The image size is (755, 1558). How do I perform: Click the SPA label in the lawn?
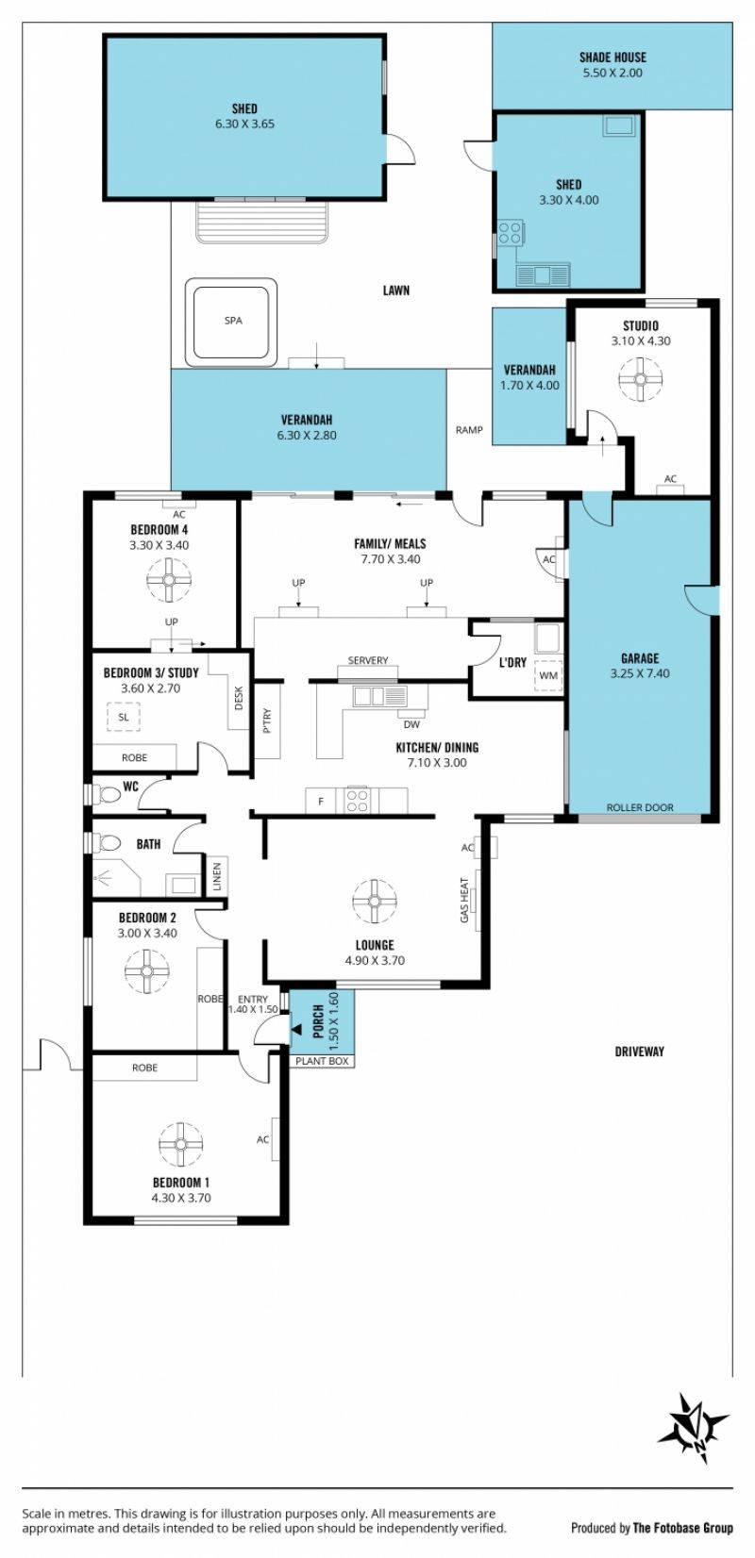coord(233,321)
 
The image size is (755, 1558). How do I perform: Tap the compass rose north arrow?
coord(695,1419)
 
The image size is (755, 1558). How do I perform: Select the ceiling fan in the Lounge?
coord(375,901)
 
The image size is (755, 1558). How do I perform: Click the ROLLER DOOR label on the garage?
coord(640,807)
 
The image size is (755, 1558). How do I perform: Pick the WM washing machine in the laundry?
coord(548,674)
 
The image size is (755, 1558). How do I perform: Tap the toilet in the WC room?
coord(109,793)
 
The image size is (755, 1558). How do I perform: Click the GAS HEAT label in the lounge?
coord(464,900)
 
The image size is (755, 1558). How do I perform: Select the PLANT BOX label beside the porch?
coord(322,1061)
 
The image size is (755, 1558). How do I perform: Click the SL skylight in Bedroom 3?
coord(124,717)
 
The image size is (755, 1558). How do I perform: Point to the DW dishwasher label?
coord(411,724)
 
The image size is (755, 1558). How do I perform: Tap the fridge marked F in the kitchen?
coord(321,801)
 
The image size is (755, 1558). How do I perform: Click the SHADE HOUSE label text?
coord(612,58)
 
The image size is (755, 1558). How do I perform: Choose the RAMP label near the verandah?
coord(469,430)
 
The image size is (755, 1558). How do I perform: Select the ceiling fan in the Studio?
coord(640,379)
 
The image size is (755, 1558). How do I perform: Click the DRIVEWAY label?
coord(640,1052)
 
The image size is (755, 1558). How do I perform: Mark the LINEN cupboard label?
coord(217,876)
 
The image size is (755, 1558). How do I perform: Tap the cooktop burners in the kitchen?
coord(358,801)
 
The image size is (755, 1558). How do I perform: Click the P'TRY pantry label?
coord(267,721)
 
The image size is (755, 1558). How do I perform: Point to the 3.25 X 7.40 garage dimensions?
coord(640,673)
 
